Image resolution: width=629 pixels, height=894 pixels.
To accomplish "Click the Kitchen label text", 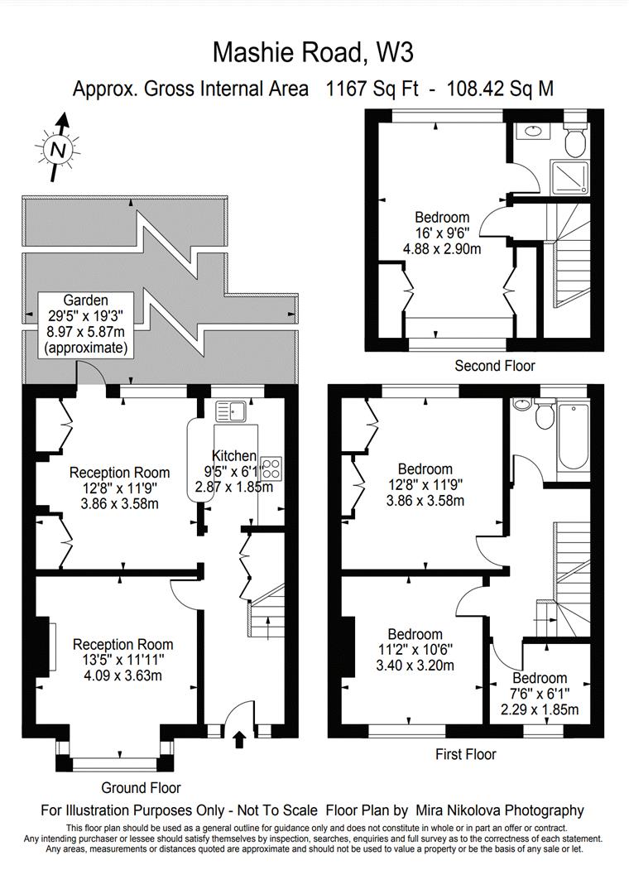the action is pyautogui.click(x=234, y=455).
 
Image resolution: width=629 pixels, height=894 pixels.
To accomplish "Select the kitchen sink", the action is pyautogui.click(x=230, y=411).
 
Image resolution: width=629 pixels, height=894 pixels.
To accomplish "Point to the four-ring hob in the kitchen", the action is pyautogui.click(x=272, y=468).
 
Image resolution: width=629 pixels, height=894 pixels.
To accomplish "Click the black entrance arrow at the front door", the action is pyautogui.click(x=240, y=740).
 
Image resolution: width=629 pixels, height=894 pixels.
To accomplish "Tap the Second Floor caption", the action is pyautogui.click(x=494, y=366).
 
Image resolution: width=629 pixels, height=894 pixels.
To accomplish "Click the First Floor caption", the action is pyautogui.click(x=465, y=754).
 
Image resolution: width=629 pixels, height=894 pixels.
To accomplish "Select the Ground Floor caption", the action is pyautogui.click(x=141, y=788).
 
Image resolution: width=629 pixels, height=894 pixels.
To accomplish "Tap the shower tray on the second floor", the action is pyautogui.click(x=569, y=177).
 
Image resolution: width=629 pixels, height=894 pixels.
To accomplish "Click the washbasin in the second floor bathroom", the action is pyautogui.click(x=533, y=131).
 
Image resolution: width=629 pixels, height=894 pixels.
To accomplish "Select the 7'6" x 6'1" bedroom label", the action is pyautogui.click(x=540, y=694).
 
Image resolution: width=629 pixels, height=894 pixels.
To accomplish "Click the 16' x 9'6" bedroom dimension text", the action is pyautogui.click(x=442, y=233).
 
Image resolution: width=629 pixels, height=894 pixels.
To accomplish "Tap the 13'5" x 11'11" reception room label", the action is pyautogui.click(x=122, y=661).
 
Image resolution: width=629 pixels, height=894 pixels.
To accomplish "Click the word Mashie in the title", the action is pyautogui.click(x=256, y=52).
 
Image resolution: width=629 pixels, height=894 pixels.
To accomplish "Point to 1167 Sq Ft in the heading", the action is pyautogui.click(x=372, y=89).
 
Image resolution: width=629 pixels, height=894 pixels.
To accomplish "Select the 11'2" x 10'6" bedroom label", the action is pyautogui.click(x=415, y=650).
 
